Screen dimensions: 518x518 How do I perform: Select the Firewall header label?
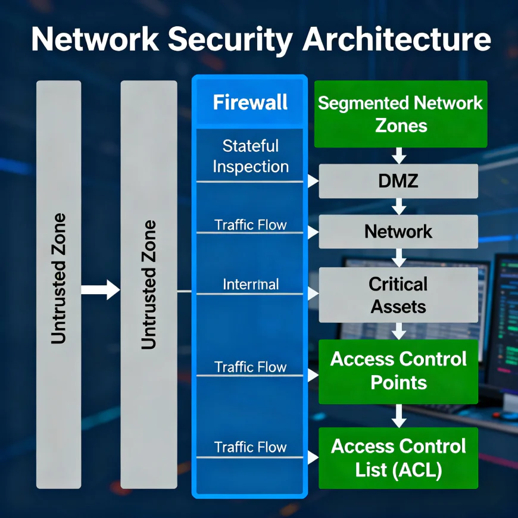pyautogui.click(x=250, y=102)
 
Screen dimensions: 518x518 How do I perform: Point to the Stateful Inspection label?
pyautogui.click(x=250, y=156)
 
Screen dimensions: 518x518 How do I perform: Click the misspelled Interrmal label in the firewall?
pyautogui.click(x=250, y=284)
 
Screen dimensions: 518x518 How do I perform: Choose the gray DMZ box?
pyautogui.click(x=398, y=181)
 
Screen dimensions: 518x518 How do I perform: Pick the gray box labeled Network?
pyautogui.click(x=398, y=231)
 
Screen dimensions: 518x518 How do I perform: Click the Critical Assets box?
pyautogui.click(x=398, y=295)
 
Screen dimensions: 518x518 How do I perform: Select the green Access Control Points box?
pyautogui.click(x=398, y=370)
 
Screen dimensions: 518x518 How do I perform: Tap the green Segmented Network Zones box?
pyautogui.click(x=400, y=114)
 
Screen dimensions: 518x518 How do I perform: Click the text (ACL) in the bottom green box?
pyautogui.click(x=417, y=470)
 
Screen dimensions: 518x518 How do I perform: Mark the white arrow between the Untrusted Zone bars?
pyautogui.click(x=101, y=290)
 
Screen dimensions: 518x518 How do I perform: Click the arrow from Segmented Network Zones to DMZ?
pyautogui.click(x=399, y=155)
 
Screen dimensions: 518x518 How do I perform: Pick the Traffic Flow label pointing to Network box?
pyautogui.click(x=250, y=224)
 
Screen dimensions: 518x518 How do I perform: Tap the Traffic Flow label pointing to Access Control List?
pyautogui.click(x=250, y=447)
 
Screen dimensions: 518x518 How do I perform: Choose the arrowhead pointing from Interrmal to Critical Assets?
pyautogui.click(x=313, y=293)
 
